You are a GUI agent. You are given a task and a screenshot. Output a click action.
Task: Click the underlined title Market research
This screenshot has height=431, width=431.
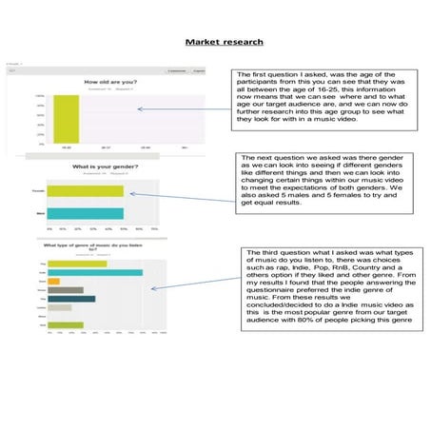tap(225, 42)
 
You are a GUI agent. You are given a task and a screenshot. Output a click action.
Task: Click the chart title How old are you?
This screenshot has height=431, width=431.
tap(110, 83)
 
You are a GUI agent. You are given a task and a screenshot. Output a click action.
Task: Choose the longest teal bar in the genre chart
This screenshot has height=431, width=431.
tap(95, 272)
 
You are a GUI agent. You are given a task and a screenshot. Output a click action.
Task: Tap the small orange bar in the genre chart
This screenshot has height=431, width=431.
tap(53, 281)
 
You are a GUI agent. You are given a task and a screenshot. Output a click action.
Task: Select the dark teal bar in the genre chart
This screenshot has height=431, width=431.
tap(70, 299)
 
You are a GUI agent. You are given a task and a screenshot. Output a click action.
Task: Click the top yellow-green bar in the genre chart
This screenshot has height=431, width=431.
tap(69, 264)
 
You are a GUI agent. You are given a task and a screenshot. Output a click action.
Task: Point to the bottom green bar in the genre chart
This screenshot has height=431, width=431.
tap(66, 325)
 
